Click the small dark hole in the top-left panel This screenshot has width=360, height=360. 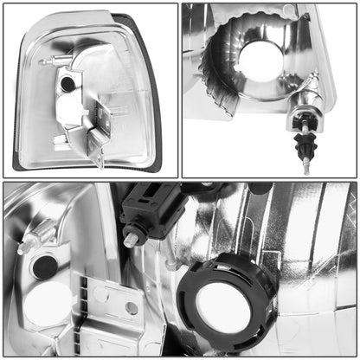(67, 84)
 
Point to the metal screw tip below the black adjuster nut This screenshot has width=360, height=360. (306, 167)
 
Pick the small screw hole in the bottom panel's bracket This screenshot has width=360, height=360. (132, 307)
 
